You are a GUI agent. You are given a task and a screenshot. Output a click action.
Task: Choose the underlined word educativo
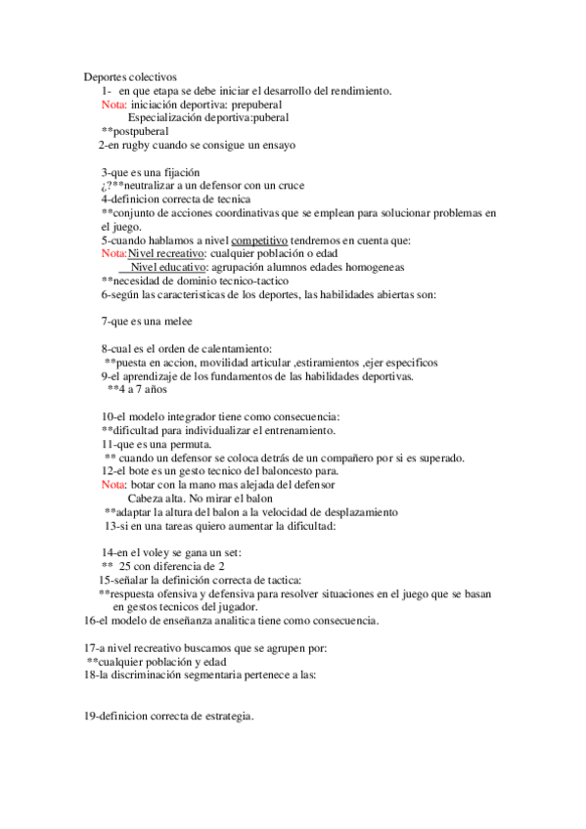(x=183, y=268)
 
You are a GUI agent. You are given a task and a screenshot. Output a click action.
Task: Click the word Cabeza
(x=147, y=499)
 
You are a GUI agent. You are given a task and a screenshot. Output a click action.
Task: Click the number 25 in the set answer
(x=125, y=566)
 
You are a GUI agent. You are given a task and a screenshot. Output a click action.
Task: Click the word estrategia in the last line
(x=224, y=717)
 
